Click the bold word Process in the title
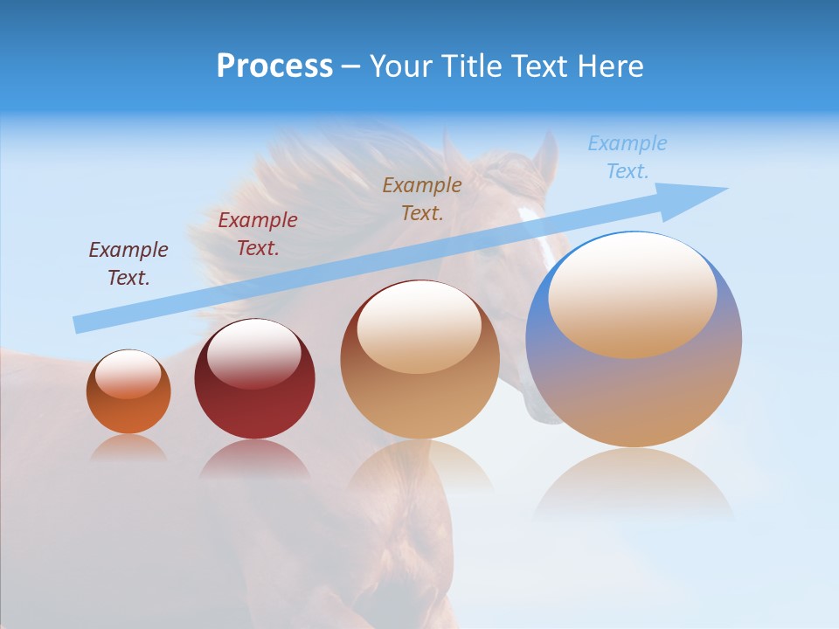click(274, 66)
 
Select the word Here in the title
click(611, 66)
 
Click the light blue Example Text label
click(628, 157)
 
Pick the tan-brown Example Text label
click(422, 198)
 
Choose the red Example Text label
click(258, 233)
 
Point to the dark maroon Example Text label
click(128, 263)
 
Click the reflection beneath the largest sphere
click(634, 485)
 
